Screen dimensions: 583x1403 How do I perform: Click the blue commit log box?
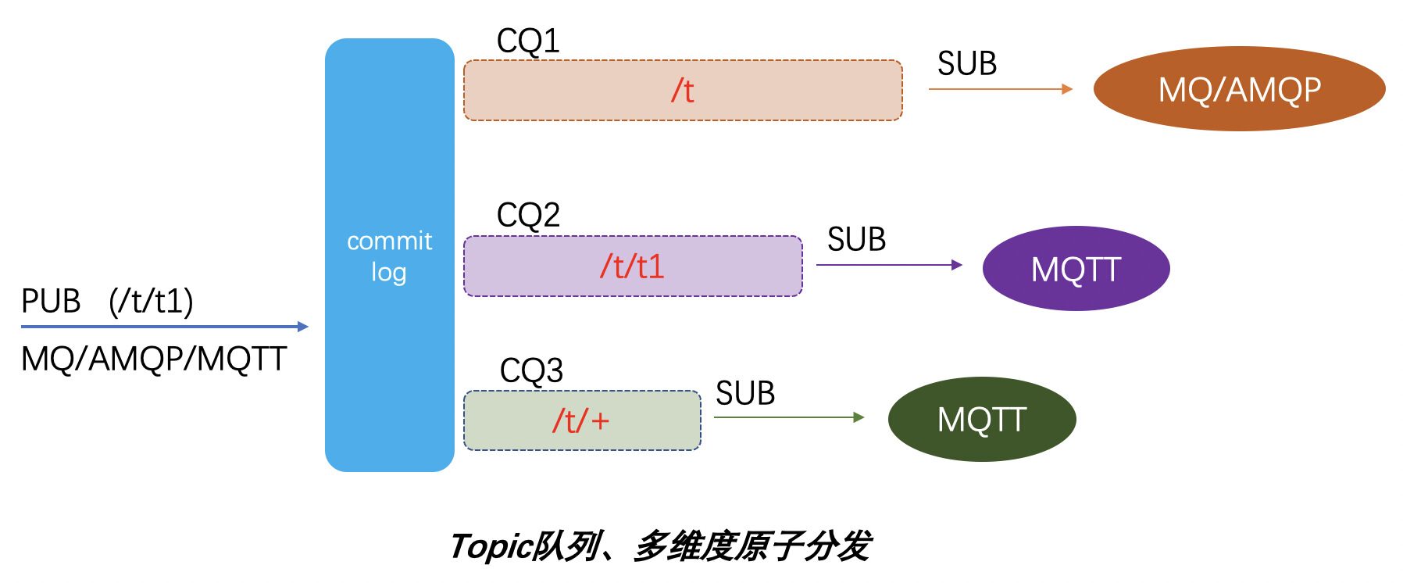click(x=389, y=255)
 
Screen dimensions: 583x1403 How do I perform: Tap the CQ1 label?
click(x=528, y=41)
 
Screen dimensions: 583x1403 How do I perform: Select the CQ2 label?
click(x=528, y=215)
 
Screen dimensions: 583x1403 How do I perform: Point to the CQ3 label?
click(x=531, y=370)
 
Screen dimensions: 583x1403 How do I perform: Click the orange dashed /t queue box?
click(x=683, y=91)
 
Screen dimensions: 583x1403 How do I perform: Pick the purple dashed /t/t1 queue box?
click(x=633, y=266)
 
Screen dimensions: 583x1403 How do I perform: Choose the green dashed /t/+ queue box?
click(x=582, y=421)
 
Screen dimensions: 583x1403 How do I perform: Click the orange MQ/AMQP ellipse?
click(x=1239, y=89)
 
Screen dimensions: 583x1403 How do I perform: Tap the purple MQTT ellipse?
click(x=1076, y=269)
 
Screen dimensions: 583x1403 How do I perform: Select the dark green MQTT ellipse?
click(x=982, y=420)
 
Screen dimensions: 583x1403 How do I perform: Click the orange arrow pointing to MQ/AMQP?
click(x=1000, y=89)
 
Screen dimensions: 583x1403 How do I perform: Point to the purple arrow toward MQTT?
click(x=889, y=265)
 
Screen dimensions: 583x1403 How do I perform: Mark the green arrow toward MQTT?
click(x=789, y=417)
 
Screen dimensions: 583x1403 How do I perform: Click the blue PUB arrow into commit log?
click(x=164, y=327)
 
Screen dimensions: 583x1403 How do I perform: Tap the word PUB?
click(x=51, y=301)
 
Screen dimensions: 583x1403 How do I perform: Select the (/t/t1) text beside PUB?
click(x=151, y=301)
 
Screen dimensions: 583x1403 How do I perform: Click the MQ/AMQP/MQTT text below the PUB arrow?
click(x=154, y=359)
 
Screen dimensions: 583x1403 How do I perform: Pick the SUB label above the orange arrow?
click(x=967, y=63)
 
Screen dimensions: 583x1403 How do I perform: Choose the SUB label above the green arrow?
click(x=745, y=393)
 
